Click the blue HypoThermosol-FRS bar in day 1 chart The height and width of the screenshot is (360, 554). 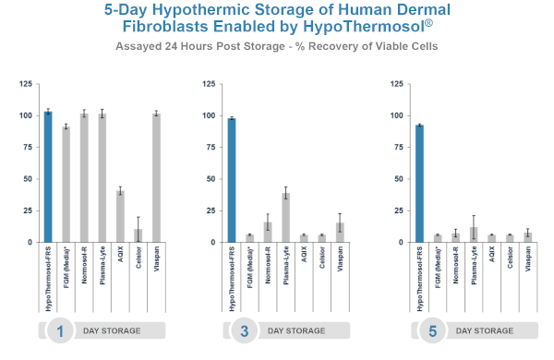click(x=48, y=177)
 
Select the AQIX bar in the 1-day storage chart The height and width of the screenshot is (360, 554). click(x=120, y=217)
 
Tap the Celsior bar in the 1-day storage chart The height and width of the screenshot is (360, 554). click(x=138, y=235)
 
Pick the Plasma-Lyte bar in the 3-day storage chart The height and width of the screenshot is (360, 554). click(x=286, y=218)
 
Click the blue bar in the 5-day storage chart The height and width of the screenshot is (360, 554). click(x=419, y=184)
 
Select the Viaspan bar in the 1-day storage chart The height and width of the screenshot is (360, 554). click(x=157, y=178)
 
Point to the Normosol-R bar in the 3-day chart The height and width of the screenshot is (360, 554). click(x=268, y=232)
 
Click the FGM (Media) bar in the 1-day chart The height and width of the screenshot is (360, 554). click(x=66, y=185)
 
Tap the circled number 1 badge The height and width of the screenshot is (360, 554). click(x=60, y=330)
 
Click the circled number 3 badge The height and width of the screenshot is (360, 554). click(x=245, y=330)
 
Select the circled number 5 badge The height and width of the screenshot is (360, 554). click(x=432, y=330)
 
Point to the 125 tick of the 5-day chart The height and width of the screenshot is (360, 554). click(x=396, y=84)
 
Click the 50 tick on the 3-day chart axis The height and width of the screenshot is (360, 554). click(x=211, y=179)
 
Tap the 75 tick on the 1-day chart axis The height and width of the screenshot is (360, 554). click(x=28, y=147)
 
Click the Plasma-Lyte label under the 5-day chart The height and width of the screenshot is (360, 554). click(x=474, y=265)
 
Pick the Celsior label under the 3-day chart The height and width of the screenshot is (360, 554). click(x=322, y=258)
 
